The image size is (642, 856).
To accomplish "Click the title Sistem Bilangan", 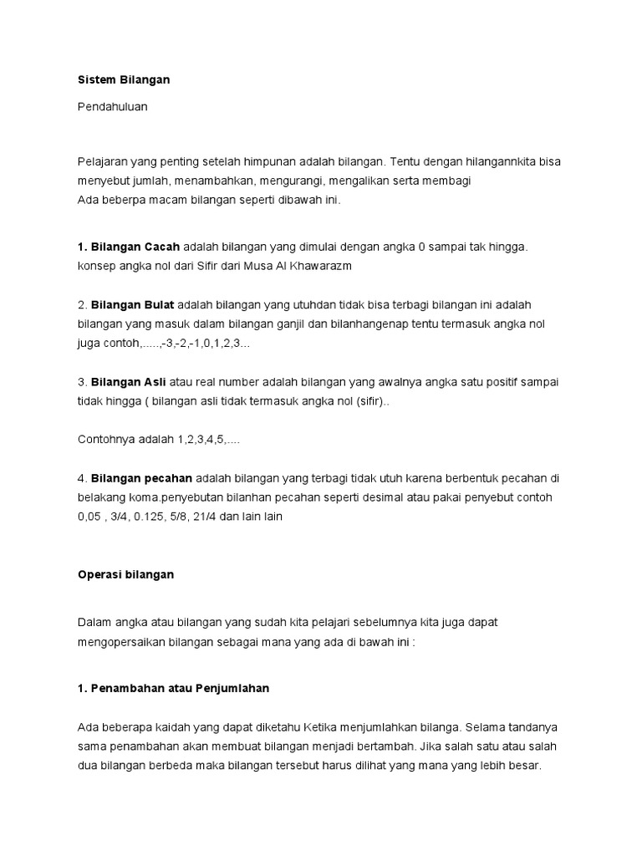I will tap(123, 80).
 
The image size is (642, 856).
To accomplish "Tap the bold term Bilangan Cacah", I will tap(135, 247).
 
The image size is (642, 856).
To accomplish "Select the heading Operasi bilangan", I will tap(125, 575).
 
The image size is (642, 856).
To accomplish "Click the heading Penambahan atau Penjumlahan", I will tap(180, 689).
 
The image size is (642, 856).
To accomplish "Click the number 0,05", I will tap(92, 516).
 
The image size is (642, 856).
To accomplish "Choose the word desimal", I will tap(405, 497).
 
